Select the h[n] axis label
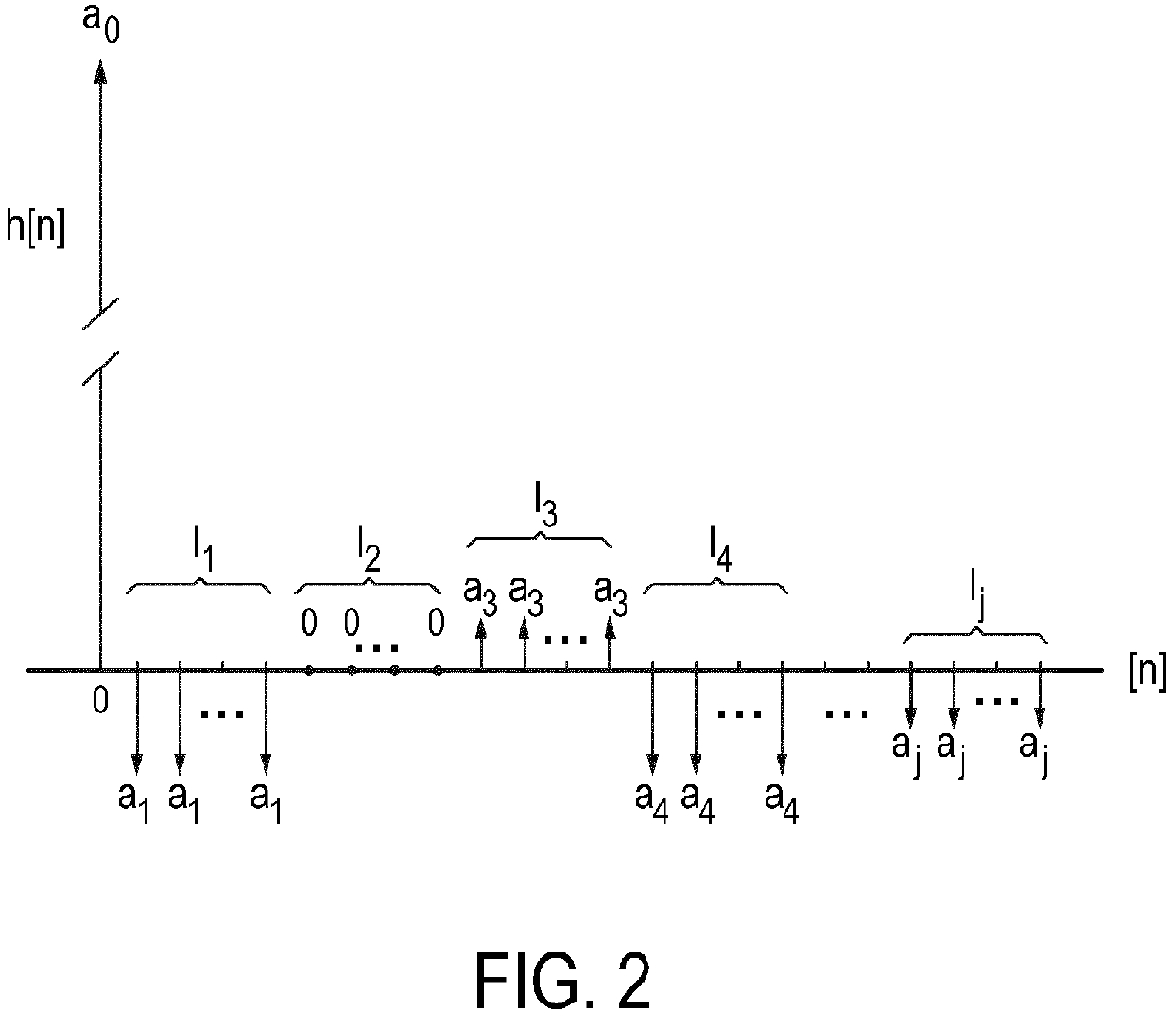[36, 229]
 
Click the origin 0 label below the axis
[99, 700]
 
